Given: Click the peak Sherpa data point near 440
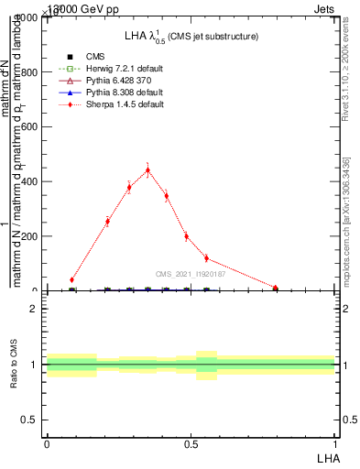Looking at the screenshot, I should [x=147, y=170].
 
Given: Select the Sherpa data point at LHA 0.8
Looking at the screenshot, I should [x=275, y=288].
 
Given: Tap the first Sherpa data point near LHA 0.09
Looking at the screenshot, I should [x=71, y=279].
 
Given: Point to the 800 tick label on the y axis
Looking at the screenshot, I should [x=27, y=72].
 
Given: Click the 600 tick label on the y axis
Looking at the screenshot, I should [x=27, y=127].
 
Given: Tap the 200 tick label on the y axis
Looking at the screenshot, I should [x=27, y=236].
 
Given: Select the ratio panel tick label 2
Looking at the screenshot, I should [x=34, y=309].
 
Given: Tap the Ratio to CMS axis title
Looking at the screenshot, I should [x=15, y=365].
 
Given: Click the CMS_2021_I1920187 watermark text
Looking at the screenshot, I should [x=190, y=274].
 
